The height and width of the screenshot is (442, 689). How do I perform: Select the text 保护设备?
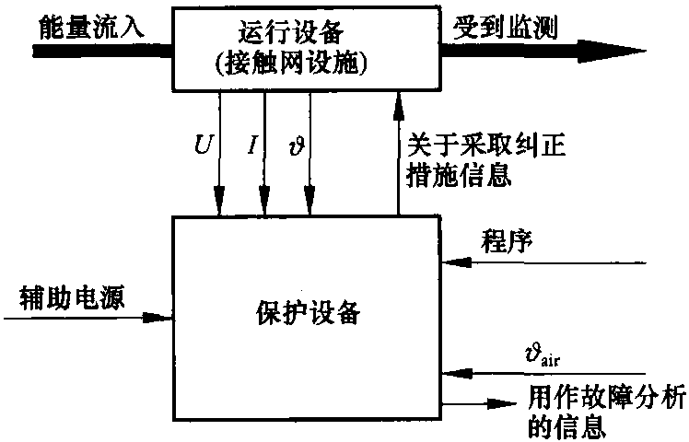(308, 312)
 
